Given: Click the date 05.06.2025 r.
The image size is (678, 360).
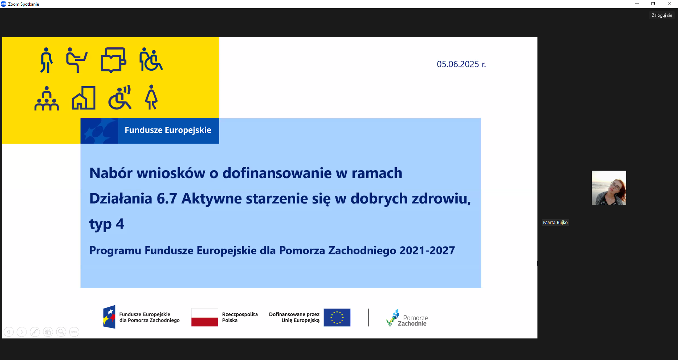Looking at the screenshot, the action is pos(461,64).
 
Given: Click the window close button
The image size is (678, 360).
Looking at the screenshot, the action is pos(669,4).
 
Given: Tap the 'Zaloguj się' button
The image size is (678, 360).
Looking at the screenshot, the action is pos(662,15).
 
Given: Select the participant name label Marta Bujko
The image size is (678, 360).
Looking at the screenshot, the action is pos(555,223).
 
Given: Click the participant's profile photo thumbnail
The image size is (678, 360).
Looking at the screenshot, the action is pos(609,188).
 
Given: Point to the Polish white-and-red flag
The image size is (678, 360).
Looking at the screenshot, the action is pos(205,317).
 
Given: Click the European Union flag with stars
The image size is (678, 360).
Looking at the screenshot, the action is pos(337,317).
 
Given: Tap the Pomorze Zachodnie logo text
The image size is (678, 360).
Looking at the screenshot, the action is pos(413,320).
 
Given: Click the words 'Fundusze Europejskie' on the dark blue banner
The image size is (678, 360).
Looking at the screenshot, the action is pos(168,130).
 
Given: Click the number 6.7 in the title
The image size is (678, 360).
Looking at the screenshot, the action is pos(167,199).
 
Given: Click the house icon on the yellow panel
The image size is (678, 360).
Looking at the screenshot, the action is pos(84,98).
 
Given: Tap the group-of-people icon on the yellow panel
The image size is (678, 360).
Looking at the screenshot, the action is pos(47,98).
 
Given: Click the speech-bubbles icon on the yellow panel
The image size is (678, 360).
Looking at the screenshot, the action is pos(113,60).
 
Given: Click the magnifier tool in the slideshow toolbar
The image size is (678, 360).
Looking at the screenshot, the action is pos(61,332).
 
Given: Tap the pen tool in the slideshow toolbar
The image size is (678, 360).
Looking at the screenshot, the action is pos(35,332).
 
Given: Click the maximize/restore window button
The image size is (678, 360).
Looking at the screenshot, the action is pos(653,4).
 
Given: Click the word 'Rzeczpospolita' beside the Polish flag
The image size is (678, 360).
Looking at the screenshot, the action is pos(240,314).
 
